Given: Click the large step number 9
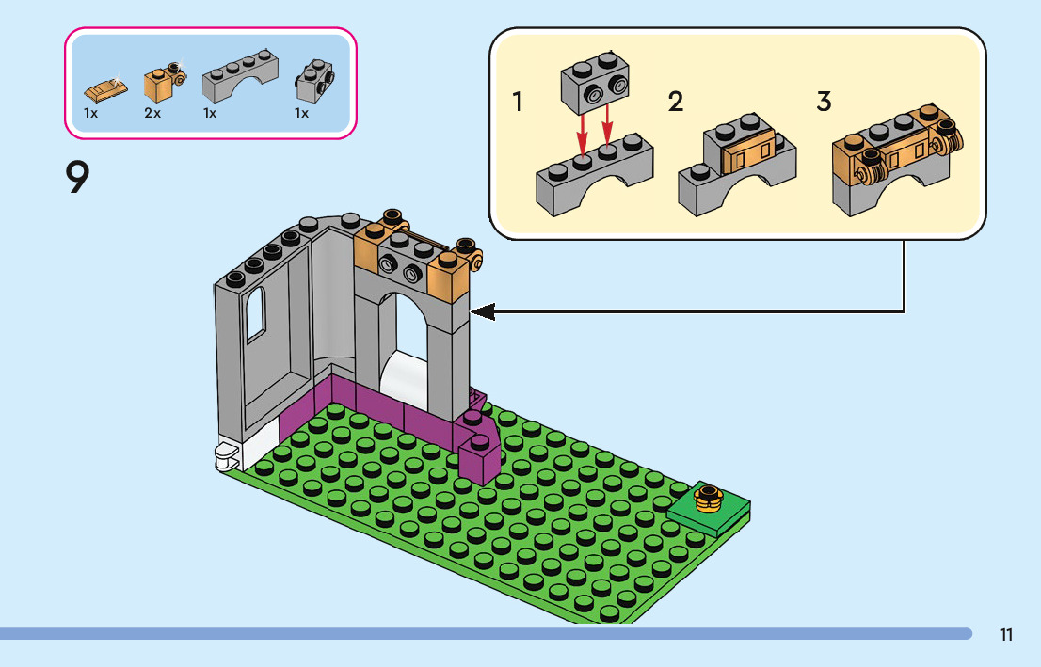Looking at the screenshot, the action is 78,177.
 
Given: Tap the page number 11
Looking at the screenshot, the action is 1006,635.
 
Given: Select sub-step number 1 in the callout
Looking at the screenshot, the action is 518,102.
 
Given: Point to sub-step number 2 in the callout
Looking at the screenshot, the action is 675,102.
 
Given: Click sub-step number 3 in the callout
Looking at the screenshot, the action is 824,102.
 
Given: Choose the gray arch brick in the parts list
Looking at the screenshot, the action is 240,75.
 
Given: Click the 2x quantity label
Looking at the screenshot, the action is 152,114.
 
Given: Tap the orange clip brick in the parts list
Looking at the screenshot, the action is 164,82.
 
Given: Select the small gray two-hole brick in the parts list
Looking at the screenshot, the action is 314,81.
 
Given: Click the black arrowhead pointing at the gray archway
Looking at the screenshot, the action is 483,311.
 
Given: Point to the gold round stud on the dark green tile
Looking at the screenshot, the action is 709,498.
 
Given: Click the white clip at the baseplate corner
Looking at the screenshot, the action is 226,455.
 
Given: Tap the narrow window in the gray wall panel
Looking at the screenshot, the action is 256,315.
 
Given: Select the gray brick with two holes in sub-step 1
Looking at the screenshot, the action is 595,83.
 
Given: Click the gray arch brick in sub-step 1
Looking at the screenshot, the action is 594,175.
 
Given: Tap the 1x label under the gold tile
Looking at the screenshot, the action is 91,114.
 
